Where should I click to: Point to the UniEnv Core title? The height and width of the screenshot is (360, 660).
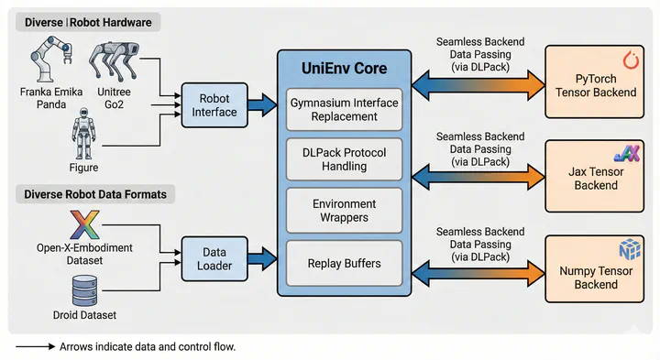(344, 67)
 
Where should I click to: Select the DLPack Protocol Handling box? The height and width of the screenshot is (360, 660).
(344, 159)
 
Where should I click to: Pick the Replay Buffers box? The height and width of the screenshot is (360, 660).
(344, 264)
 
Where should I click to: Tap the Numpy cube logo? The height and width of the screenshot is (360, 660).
(628, 248)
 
